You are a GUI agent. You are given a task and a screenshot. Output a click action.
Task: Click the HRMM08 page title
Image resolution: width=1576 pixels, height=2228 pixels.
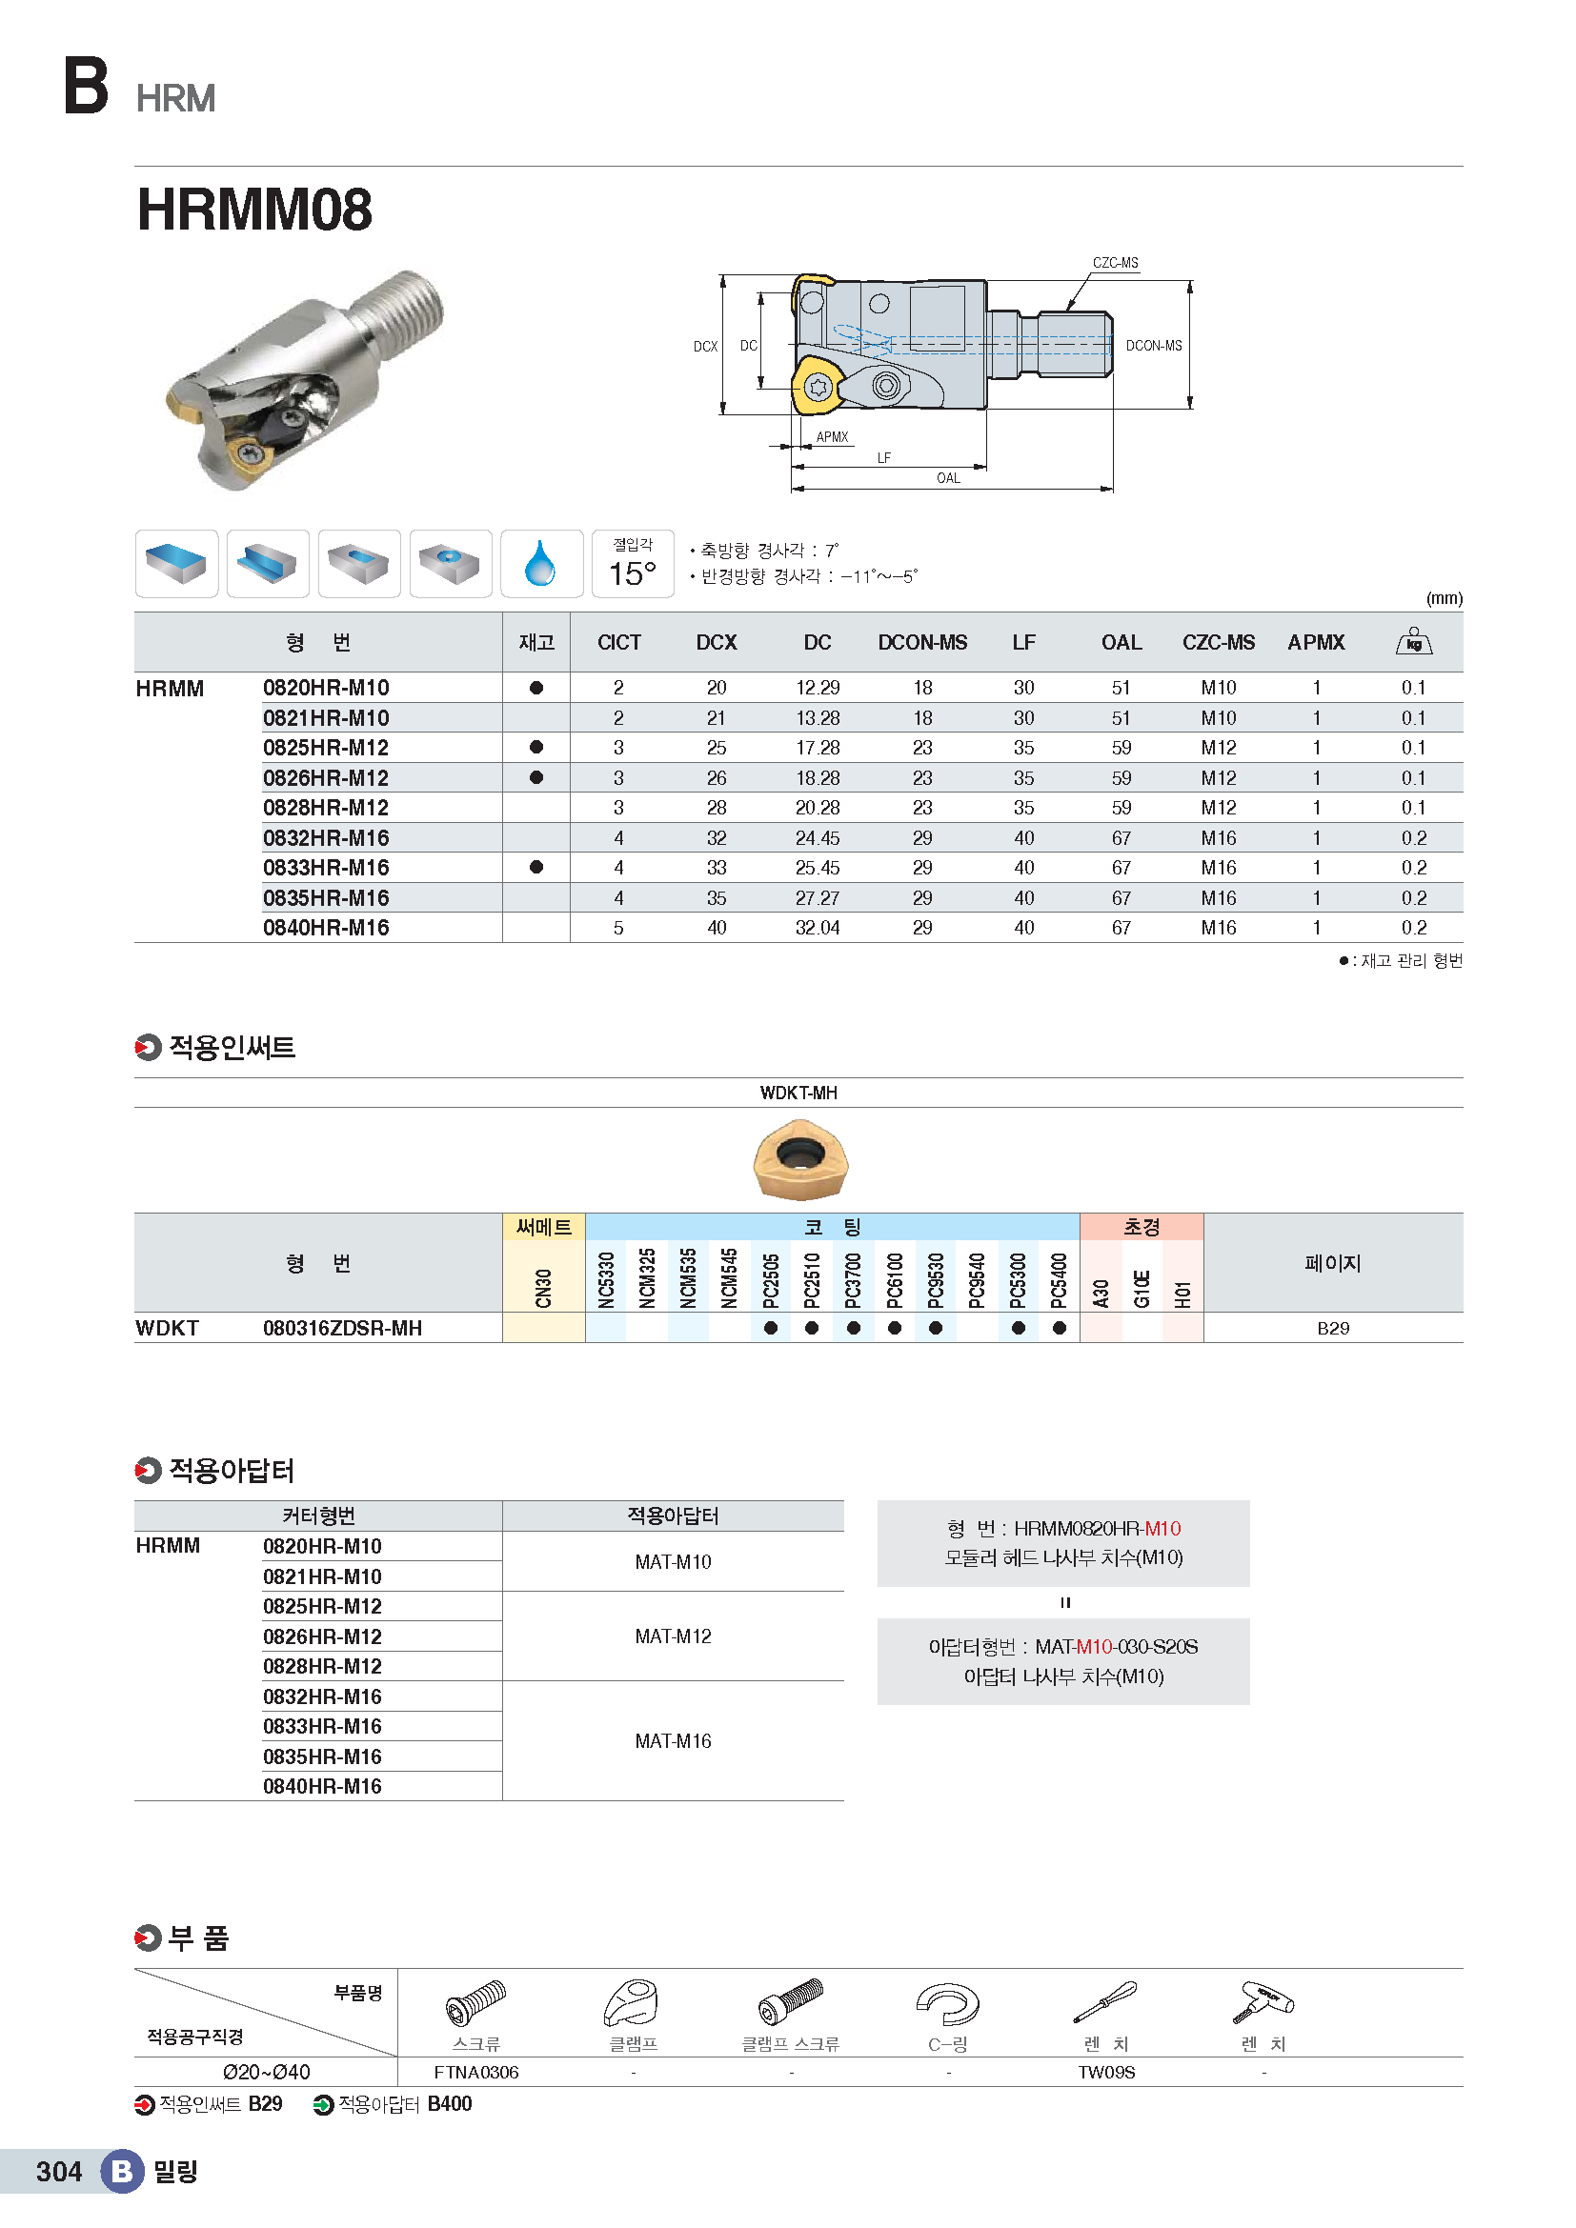click(254, 210)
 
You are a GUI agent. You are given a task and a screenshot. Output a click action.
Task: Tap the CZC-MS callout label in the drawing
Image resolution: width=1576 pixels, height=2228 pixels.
click(1114, 263)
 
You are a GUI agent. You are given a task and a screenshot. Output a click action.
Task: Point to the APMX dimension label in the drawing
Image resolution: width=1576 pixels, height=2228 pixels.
click(832, 436)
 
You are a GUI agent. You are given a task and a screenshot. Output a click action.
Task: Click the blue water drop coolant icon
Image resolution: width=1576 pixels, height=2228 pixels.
click(540, 564)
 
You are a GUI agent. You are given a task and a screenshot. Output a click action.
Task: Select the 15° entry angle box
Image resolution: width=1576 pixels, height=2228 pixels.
click(633, 564)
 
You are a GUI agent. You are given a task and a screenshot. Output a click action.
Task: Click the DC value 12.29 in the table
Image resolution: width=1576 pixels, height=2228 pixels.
click(818, 688)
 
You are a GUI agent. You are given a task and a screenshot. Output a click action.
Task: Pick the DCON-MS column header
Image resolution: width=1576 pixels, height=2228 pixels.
click(922, 642)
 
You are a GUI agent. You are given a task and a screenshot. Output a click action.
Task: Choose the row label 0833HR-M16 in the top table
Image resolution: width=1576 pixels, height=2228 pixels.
click(326, 868)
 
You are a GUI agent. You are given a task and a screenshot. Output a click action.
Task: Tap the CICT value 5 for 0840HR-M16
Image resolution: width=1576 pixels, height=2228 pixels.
click(618, 928)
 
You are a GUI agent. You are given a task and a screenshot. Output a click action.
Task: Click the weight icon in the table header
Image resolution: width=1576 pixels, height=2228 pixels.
click(1413, 641)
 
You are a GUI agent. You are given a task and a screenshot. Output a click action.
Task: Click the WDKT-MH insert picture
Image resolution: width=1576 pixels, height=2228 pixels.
click(799, 1159)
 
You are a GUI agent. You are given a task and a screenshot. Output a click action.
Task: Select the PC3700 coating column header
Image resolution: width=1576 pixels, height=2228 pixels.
click(853, 1279)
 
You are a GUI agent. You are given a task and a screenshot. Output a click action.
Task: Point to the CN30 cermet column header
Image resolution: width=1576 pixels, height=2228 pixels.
click(543, 1287)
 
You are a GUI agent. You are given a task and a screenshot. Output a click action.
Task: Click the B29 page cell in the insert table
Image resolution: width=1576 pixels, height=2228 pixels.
click(1332, 1329)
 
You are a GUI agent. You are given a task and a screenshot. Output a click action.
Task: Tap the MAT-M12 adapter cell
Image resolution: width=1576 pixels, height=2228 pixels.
click(673, 1636)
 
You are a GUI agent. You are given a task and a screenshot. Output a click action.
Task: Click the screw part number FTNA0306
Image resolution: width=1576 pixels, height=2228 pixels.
click(475, 2072)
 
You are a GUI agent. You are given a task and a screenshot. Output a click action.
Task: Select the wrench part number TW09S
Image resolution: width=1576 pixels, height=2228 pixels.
click(1105, 2072)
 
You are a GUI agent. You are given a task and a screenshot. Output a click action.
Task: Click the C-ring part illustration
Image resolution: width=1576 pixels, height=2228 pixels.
click(947, 2004)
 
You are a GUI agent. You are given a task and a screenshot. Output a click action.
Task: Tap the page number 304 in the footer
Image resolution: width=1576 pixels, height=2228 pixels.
click(58, 2172)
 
